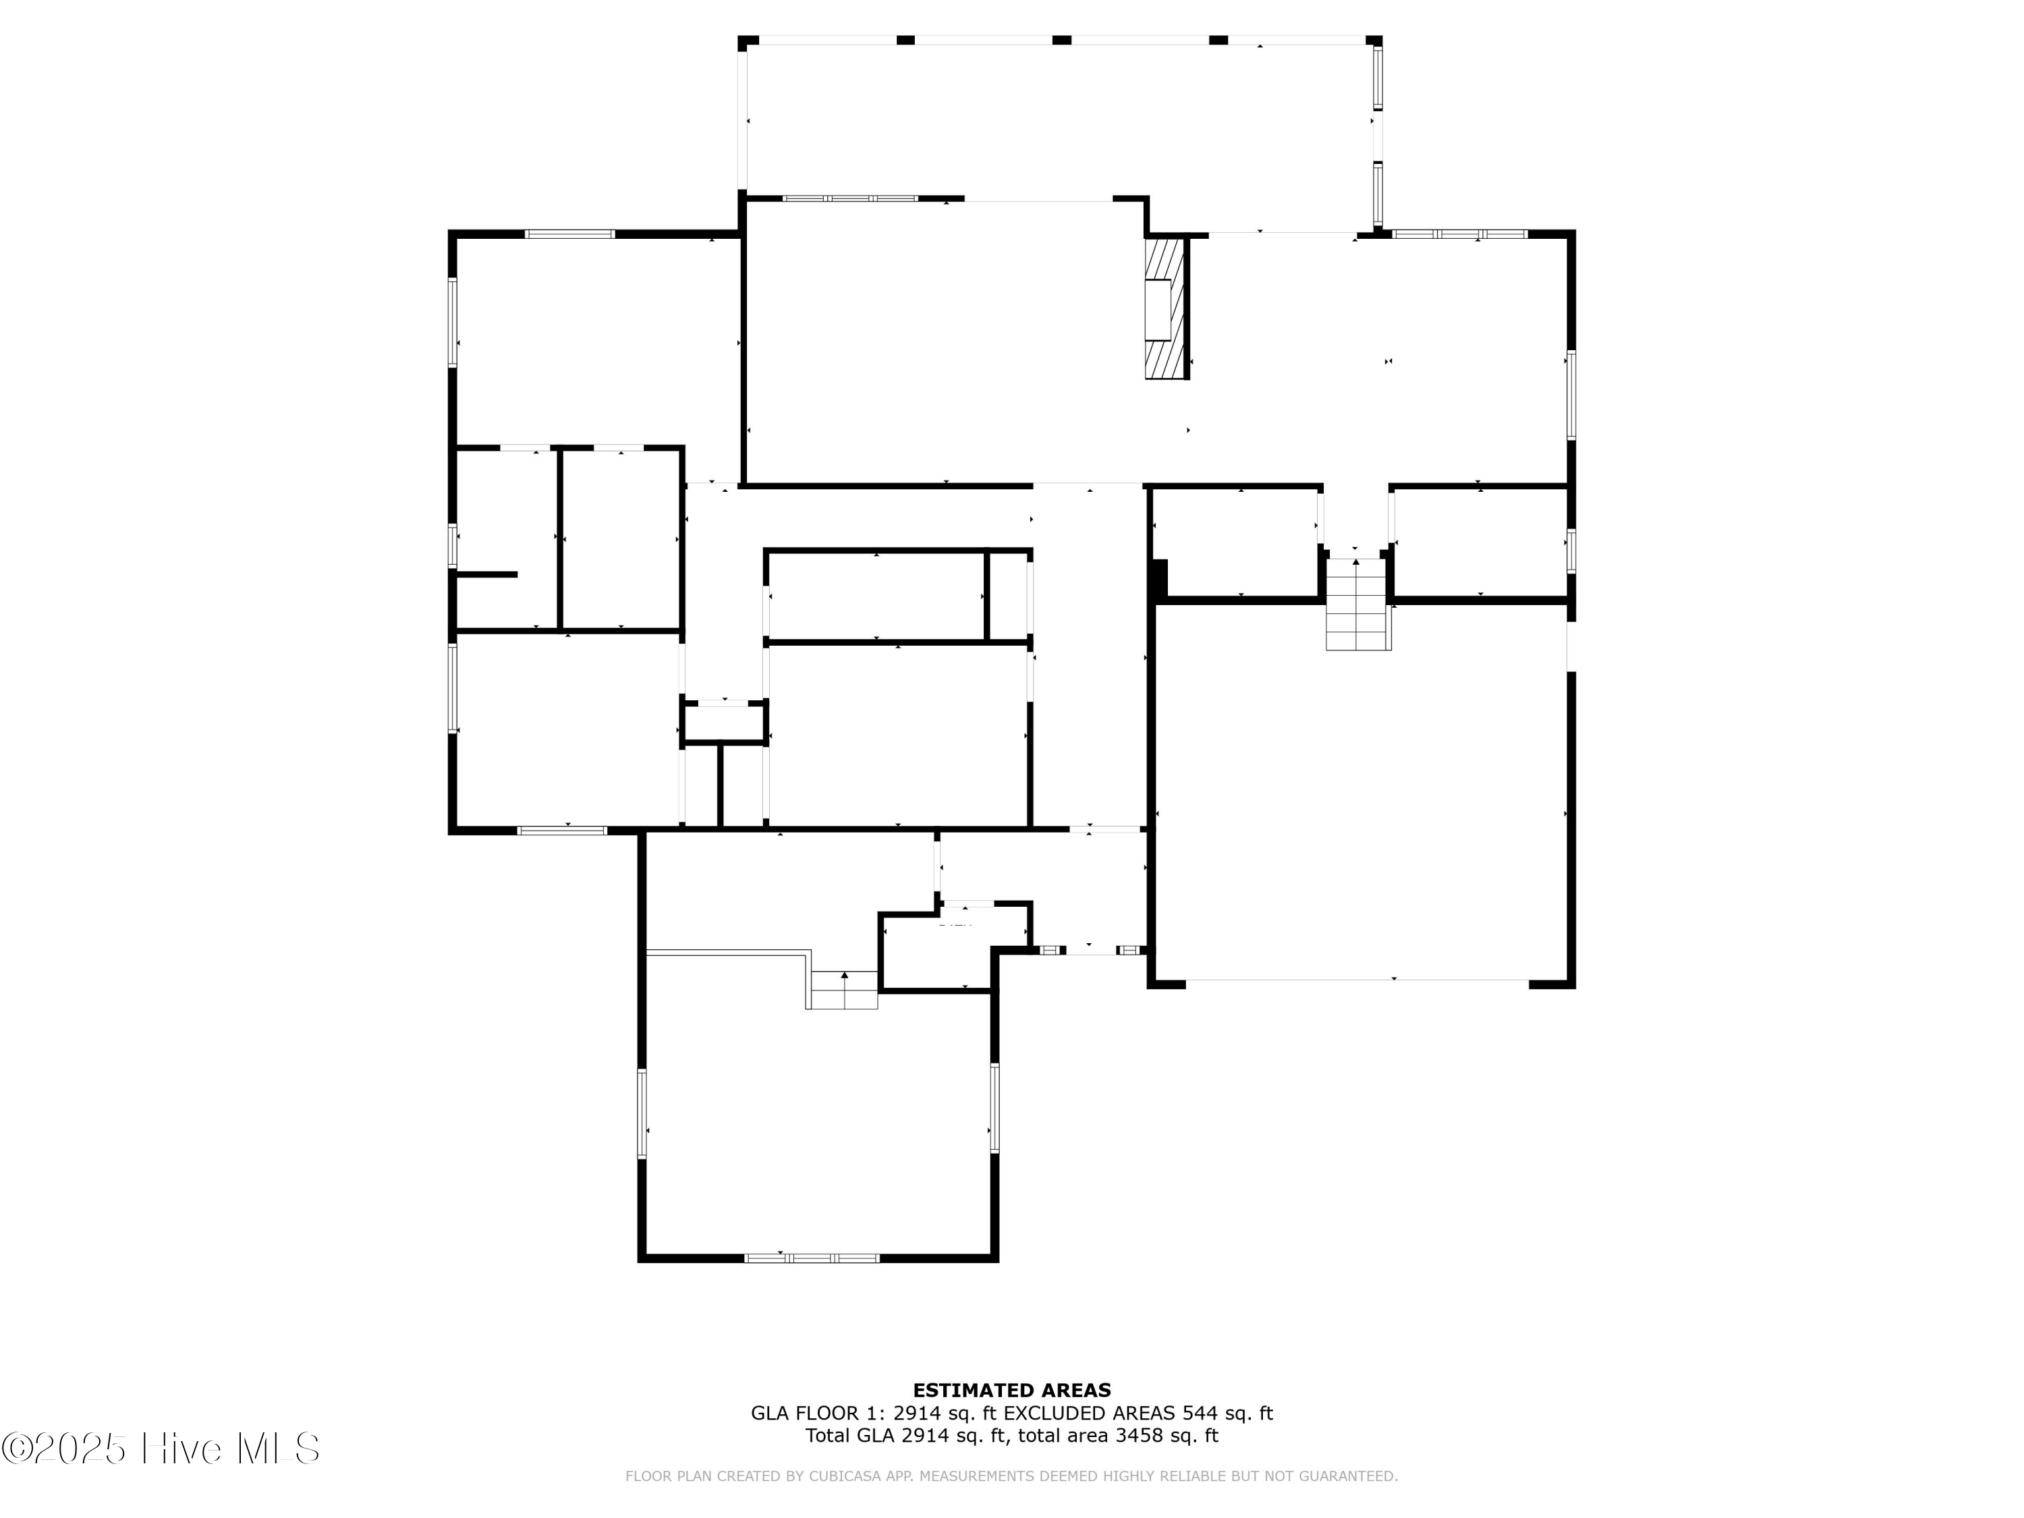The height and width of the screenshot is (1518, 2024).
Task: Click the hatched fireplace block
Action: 1166,308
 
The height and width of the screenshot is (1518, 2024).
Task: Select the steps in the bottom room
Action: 843,991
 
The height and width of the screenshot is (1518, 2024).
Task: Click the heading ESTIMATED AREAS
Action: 1011,1390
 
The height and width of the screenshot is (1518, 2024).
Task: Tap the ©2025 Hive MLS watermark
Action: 160,1449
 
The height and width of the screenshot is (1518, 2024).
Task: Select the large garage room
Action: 1361,791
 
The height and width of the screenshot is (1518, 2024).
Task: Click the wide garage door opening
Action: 1356,980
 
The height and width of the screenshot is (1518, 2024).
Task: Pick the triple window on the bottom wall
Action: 812,1258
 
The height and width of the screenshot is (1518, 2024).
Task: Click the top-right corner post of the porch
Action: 1374,40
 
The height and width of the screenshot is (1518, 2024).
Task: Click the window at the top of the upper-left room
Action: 569,234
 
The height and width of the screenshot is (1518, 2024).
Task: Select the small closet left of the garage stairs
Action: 1235,542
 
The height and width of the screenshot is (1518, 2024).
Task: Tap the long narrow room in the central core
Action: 876,596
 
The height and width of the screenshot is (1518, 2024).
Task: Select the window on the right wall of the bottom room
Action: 994,1107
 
